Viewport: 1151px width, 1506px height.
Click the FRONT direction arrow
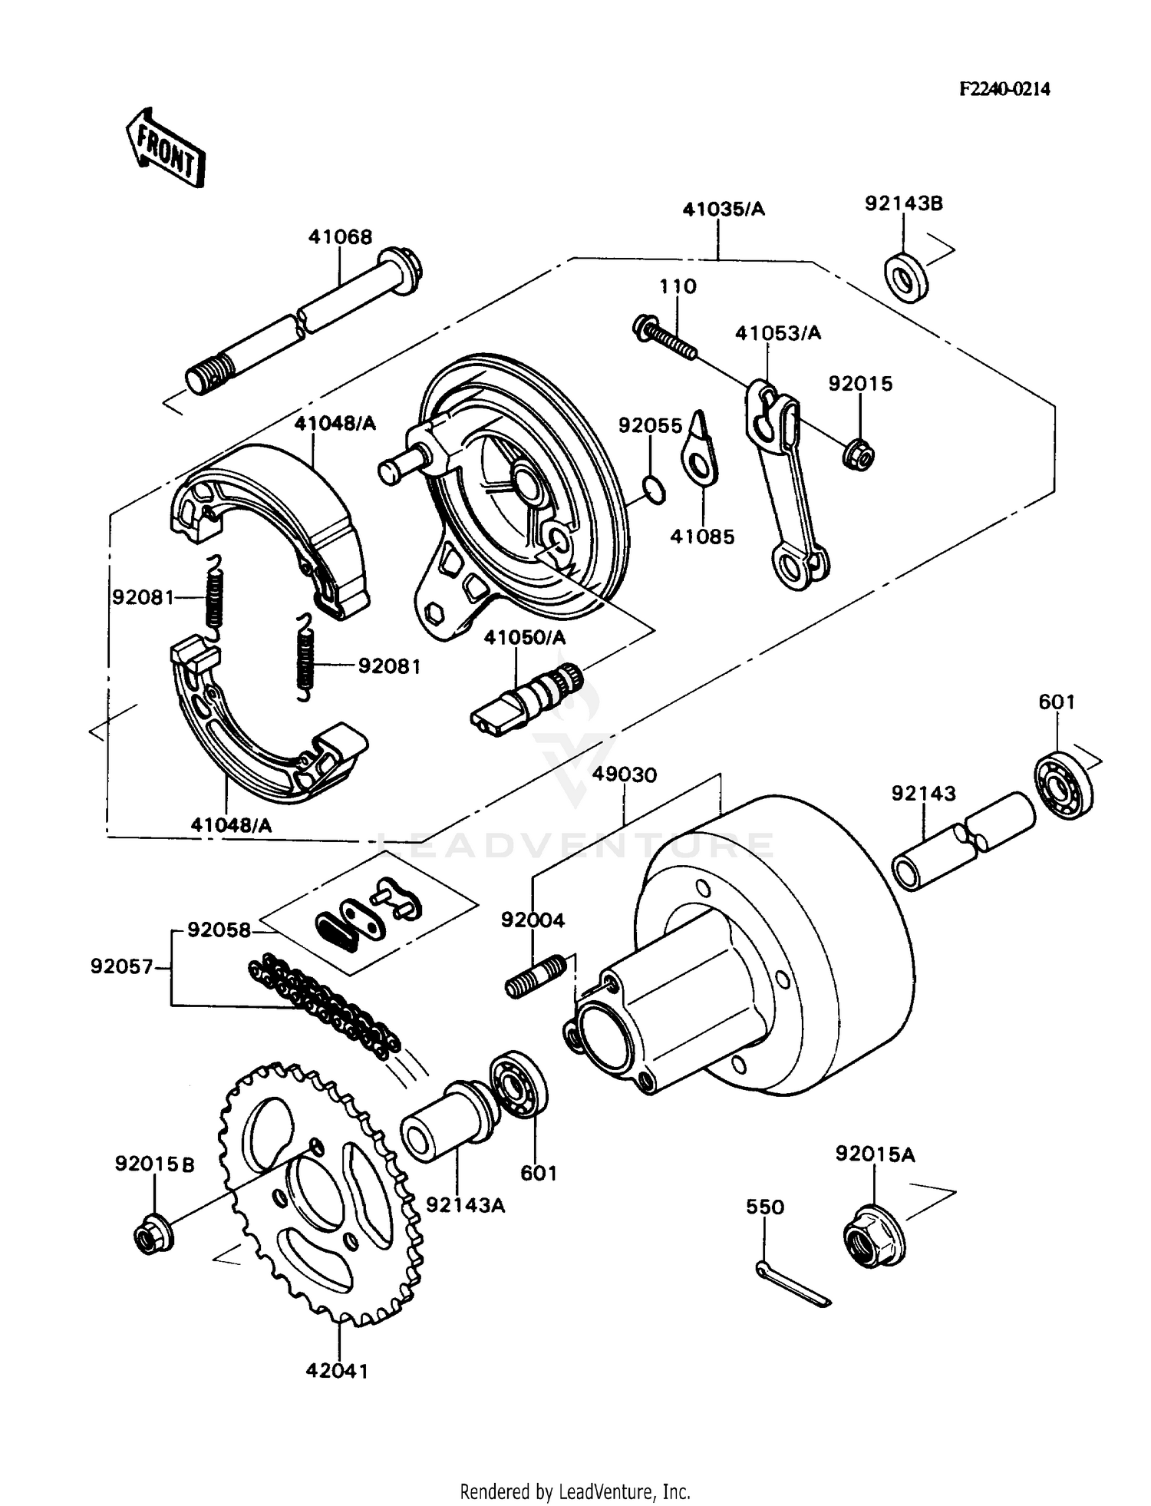[165, 147]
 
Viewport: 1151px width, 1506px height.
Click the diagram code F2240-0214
[1004, 89]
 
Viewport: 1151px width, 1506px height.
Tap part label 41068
[340, 236]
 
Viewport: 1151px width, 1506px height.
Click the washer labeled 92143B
[905, 277]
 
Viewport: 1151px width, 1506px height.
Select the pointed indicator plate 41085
[699, 453]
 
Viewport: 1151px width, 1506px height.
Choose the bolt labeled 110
[665, 338]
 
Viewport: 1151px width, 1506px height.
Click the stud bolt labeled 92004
[536, 976]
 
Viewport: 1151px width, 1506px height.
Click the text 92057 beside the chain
[122, 966]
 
